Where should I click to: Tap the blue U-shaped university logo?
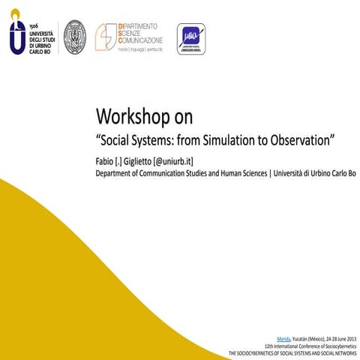click(16, 36)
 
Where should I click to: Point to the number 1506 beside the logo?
click(34, 25)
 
